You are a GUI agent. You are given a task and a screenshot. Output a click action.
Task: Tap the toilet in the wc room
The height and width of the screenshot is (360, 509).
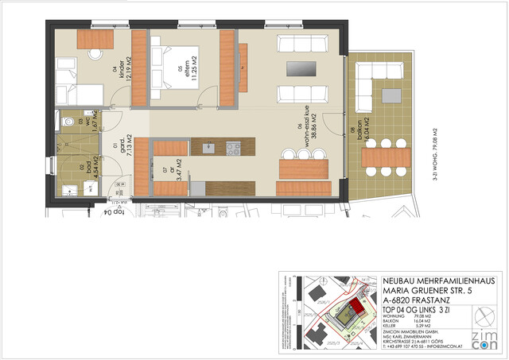pyautogui.click(x=69, y=122)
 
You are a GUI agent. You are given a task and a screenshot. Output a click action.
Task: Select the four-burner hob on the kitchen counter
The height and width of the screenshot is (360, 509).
pyautogui.click(x=233, y=147)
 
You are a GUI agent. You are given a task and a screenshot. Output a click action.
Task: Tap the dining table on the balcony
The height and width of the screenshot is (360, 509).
pyautogui.click(x=384, y=157)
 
